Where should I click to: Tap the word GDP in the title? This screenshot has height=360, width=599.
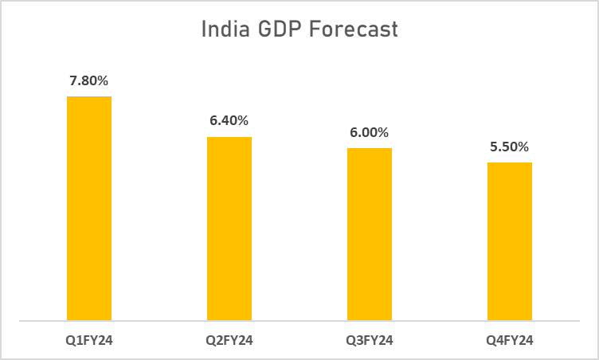pos(284,30)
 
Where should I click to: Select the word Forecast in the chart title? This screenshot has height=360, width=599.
pos(355,30)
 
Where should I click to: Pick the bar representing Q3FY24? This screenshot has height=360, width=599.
pos(370,235)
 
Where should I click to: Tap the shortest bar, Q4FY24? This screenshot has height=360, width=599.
pos(510,242)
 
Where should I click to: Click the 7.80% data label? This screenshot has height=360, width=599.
pos(89,80)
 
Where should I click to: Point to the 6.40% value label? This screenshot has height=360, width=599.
pos(229,121)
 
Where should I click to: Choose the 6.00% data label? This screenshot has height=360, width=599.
pos(370,132)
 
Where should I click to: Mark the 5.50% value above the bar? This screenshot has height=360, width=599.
pos(510,147)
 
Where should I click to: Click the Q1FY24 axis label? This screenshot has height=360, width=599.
pos(89,341)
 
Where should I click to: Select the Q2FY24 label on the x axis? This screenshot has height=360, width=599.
pos(229,341)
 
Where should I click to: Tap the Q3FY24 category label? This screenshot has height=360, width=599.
pos(370,341)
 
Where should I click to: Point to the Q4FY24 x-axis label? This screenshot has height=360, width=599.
pos(510,341)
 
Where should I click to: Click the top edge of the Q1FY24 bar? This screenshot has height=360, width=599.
pos(89,97)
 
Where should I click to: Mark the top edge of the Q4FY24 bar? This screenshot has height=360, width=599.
pos(510,163)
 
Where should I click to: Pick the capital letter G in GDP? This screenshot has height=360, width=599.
pos(268,30)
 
